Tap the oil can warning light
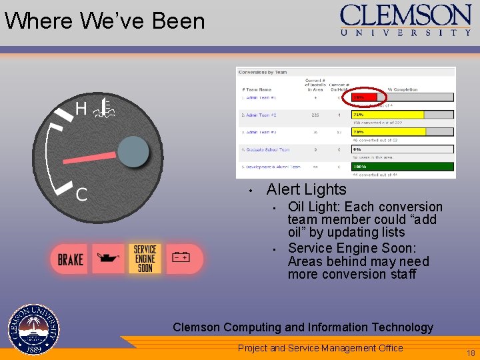[x=108, y=258]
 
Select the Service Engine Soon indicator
[x=145, y=259]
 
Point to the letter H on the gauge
[x=81, y=109]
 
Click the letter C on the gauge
[x=81, y=195]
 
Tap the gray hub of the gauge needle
[x=133, y=153]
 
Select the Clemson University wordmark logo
[x=405, y=19]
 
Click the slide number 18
[x=471, y=353]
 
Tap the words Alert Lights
[x=306, y=189]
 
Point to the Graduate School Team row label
[x=266, y=150]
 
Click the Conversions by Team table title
[x=263, y=72]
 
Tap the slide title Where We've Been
[x=105, y=21]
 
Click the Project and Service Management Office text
[x=320, y=348]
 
